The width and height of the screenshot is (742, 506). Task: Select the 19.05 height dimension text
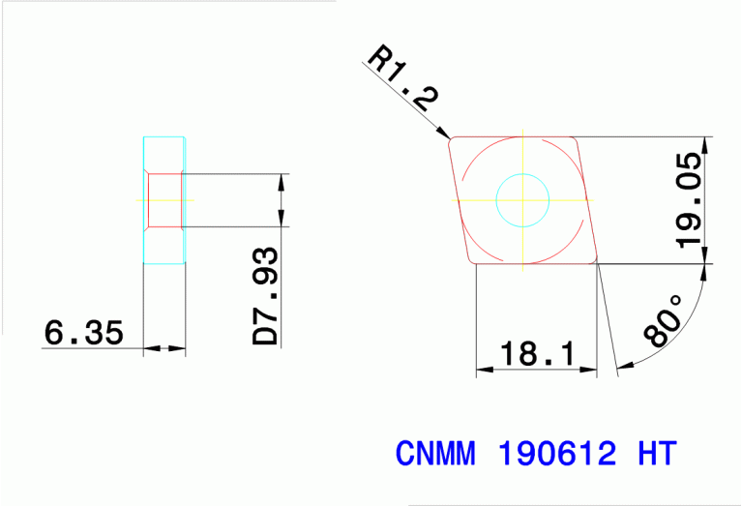[690, 200]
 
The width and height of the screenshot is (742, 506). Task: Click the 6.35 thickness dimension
[84, 334]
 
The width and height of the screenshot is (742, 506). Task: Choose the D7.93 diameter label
[266, 297]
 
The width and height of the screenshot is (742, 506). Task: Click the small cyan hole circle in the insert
[522, 200]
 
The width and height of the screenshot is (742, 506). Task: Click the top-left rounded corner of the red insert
[453, 141]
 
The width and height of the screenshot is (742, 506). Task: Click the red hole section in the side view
[163, 200]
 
